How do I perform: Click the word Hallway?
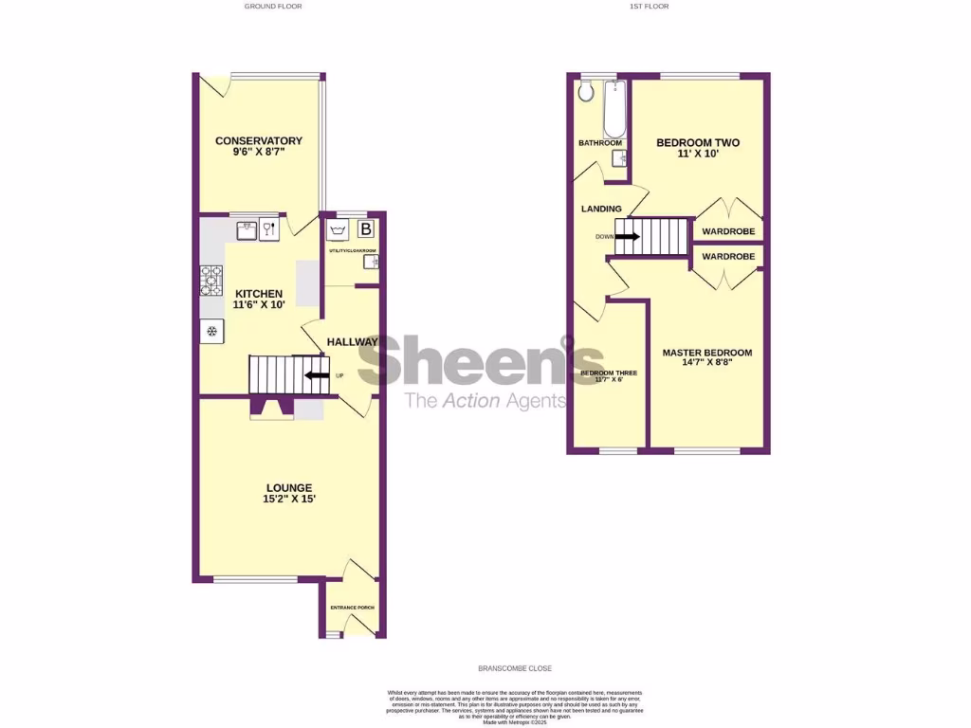[x=352, y=341]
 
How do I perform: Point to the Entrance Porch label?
[x=351, y=608]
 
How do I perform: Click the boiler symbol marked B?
[x=366, y=229]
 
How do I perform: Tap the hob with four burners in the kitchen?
[x=211, y=280]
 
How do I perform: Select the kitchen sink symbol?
[x=247, y=228]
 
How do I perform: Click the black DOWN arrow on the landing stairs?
[x=627, y=236]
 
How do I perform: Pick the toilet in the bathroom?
[x=586, y=90]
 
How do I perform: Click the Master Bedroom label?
[x=706, y=356]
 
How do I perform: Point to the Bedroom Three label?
[x=609, y=376]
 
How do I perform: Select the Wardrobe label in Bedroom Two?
[x=728, y=231]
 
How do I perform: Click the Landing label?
[x=601, y=209]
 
